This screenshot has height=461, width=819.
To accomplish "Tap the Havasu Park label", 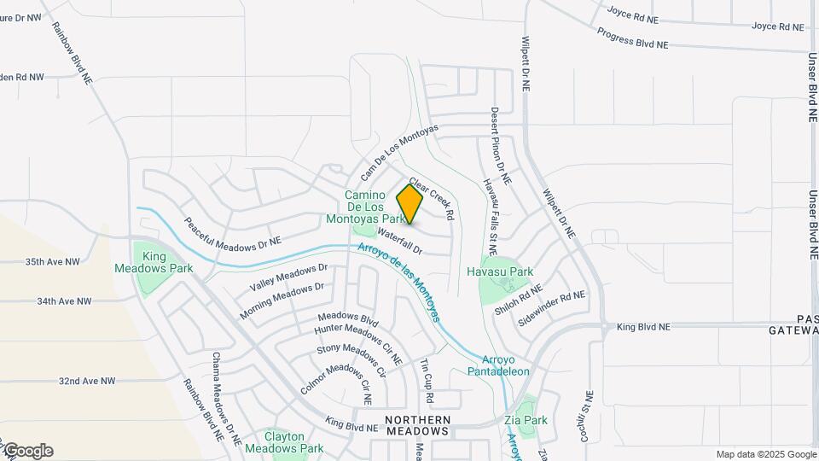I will click(500, 271).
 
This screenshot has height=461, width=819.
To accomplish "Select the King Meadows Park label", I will click(154, 262).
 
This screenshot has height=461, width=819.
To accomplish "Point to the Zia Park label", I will click(526, 420).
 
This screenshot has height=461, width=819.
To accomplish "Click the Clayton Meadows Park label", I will click(284, 442).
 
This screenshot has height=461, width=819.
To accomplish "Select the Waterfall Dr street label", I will click(400, 241).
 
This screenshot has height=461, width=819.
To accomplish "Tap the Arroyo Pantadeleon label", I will click(499, 365).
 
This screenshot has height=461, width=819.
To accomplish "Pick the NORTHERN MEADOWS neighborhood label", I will click(417, 425).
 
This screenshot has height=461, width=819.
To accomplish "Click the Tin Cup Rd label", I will click(426, 382).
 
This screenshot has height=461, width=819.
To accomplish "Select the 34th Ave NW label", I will click(64, 301).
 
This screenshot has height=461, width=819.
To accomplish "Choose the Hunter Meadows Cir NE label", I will click(358, 341).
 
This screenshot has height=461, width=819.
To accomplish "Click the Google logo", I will click(28, 451).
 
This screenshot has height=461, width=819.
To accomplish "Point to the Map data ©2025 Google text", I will click(764, 454).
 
